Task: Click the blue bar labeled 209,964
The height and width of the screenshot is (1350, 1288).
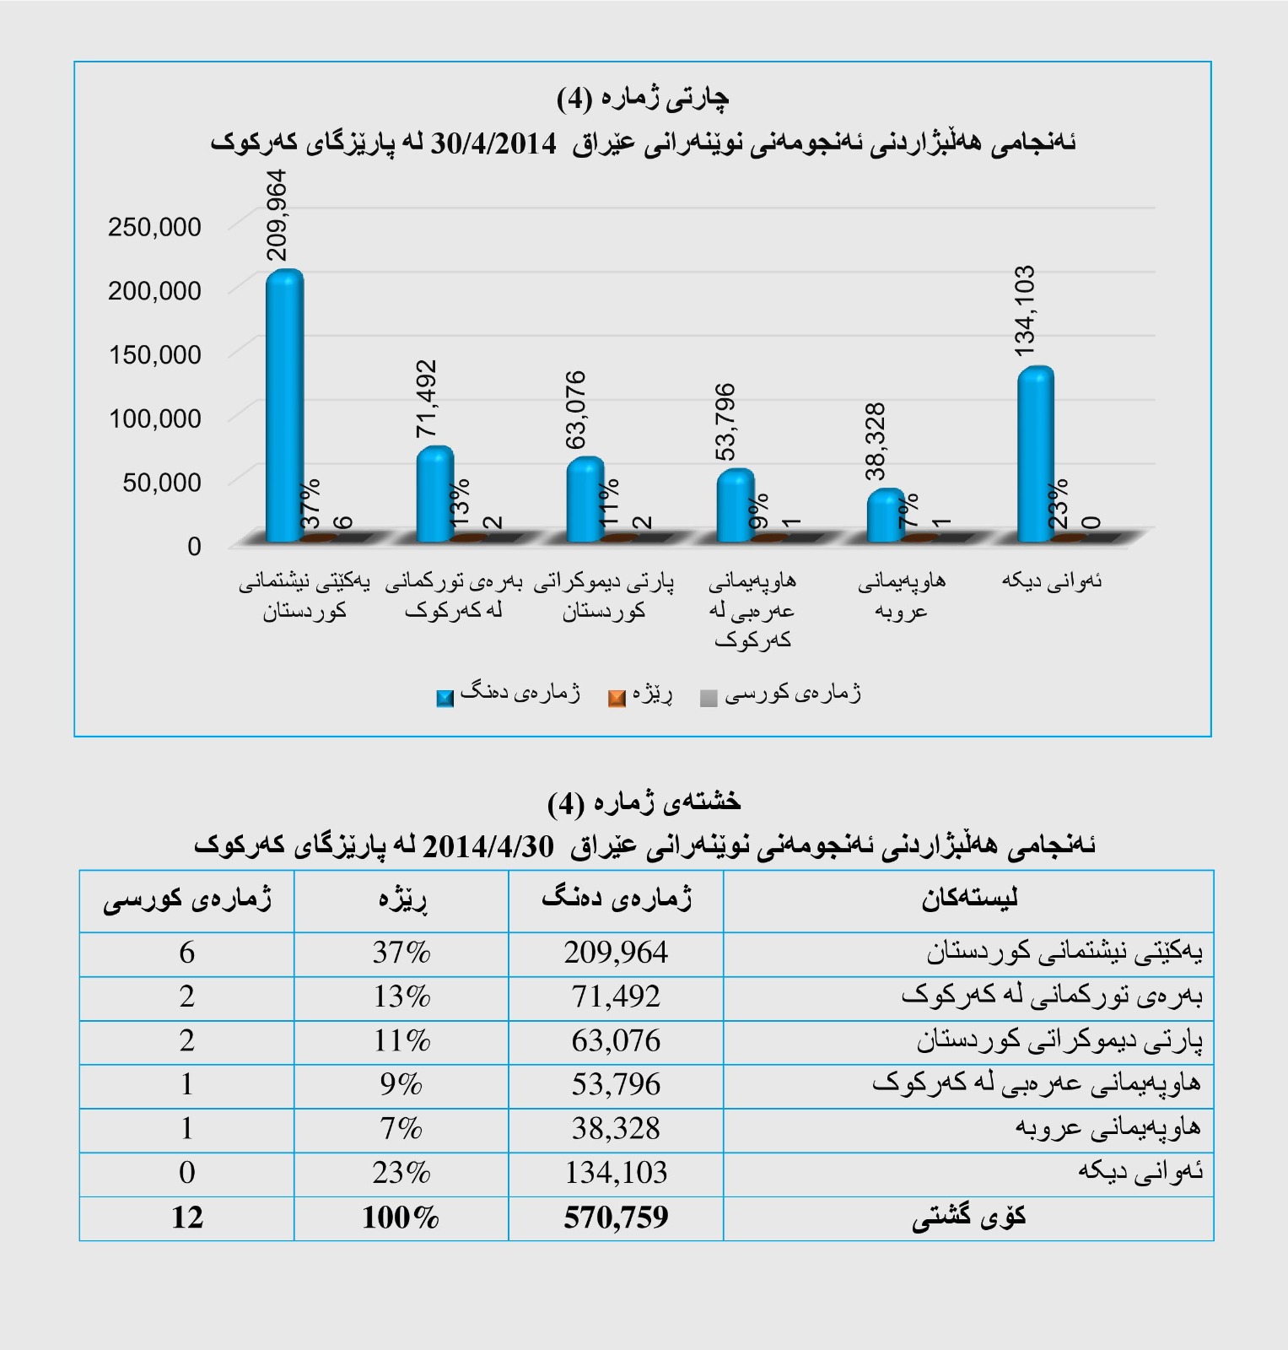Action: (x=284, y=405)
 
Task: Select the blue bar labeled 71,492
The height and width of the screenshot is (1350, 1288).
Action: (x=435, y=494)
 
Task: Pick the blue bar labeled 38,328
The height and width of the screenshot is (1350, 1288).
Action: (x=886, y=515)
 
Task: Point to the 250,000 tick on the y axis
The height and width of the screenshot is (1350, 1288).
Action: (x=154, y=226)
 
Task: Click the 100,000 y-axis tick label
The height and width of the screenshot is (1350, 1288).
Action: (x=154, y=418)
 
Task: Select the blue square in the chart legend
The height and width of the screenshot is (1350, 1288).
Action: (x=445, y=698)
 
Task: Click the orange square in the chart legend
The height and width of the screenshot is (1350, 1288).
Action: (x=617, y=698)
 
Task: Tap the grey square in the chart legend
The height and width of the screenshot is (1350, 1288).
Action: (x=709, y=698)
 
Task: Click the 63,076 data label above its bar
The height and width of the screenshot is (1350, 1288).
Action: (x=576, y=410)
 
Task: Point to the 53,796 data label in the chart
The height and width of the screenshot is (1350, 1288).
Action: (x=725, y=422)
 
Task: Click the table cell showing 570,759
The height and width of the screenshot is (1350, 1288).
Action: (x=616, y=1218)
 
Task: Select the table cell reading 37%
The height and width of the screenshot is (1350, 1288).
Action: (x=401, y=953)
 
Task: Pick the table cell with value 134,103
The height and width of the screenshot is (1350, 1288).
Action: (x=616, y=1173)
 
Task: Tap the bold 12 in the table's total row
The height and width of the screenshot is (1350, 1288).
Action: (x=186, y=1218)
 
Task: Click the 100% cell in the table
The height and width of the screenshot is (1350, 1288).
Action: (x=401, y=1218)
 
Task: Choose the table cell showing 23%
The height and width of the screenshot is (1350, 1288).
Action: (x=401, y=1173)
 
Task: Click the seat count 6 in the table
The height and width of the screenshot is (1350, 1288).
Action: (x=186, y=953)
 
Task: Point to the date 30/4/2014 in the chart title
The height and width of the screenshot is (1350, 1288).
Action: (x=493, y=143)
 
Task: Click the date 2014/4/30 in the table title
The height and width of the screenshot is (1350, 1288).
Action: (x=488, y=845)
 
